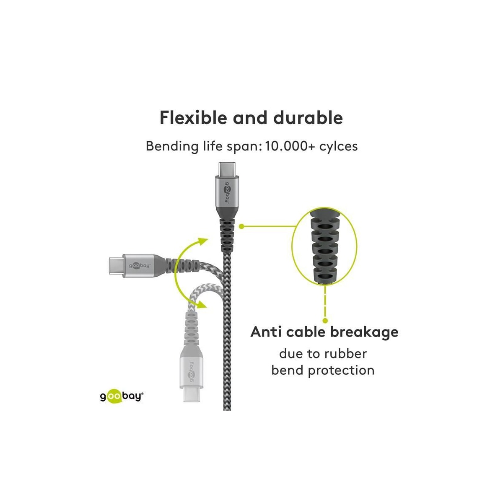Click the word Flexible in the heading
[193, 118]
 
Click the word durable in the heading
[308, 118]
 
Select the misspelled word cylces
[339, 146]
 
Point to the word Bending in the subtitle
[172, 146]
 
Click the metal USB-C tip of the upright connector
[227, 169]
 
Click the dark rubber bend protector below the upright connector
[227, 235]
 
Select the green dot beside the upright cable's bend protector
[241, 227]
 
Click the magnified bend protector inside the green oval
[324, 245]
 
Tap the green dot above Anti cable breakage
[325, 320]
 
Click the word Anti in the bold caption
[266, 332]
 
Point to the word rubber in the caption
[345, 354]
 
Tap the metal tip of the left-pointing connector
[116, 265]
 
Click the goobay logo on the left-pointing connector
[140, 265]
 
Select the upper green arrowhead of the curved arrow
[203, 241]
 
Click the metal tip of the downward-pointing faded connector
[191, 394]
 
